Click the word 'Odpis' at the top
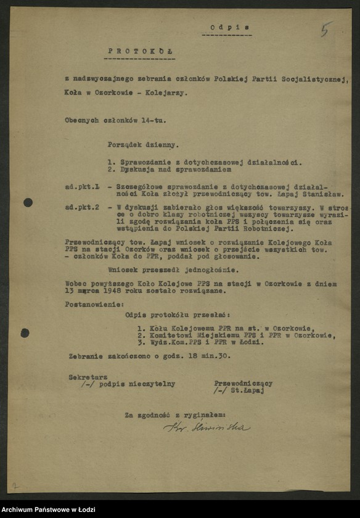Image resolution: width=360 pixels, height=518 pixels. point(222,28)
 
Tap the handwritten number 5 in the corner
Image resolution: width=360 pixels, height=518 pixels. point(325,28)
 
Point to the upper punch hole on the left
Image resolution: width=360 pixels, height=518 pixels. point(28,202)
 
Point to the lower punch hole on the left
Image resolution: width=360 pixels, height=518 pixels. point(25,333)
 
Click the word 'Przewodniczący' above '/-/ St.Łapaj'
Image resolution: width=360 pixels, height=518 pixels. point(243,383)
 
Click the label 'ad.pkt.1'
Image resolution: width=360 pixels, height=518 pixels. point(83,186)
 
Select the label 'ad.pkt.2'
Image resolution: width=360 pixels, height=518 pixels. point(83,207)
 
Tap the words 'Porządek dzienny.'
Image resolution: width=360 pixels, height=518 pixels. point(143,146)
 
